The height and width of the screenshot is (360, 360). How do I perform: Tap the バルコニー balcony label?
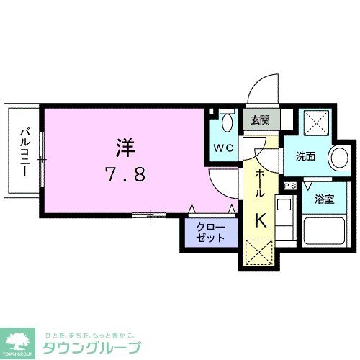[x=24, y=152]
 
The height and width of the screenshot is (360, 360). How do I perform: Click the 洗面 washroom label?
[x=305, y=156]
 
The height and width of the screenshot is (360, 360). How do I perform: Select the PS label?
[x=290, y=186]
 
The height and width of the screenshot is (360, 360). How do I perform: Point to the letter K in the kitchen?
[x=261, y=222]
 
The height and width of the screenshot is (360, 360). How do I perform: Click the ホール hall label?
[x=259, y=184]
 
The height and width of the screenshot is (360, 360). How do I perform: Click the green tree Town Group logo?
[x=19, y=342]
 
